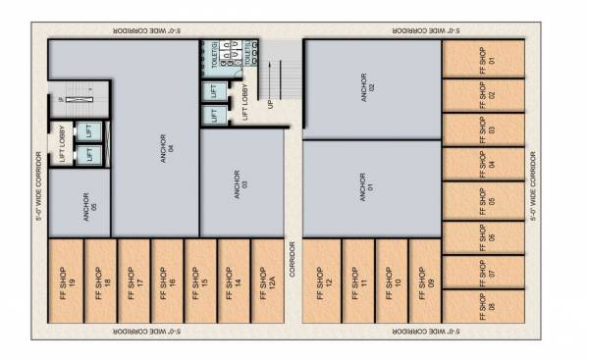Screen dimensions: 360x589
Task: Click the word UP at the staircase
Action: coord(270,102)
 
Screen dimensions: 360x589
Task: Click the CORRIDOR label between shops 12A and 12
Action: coord(292,258)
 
